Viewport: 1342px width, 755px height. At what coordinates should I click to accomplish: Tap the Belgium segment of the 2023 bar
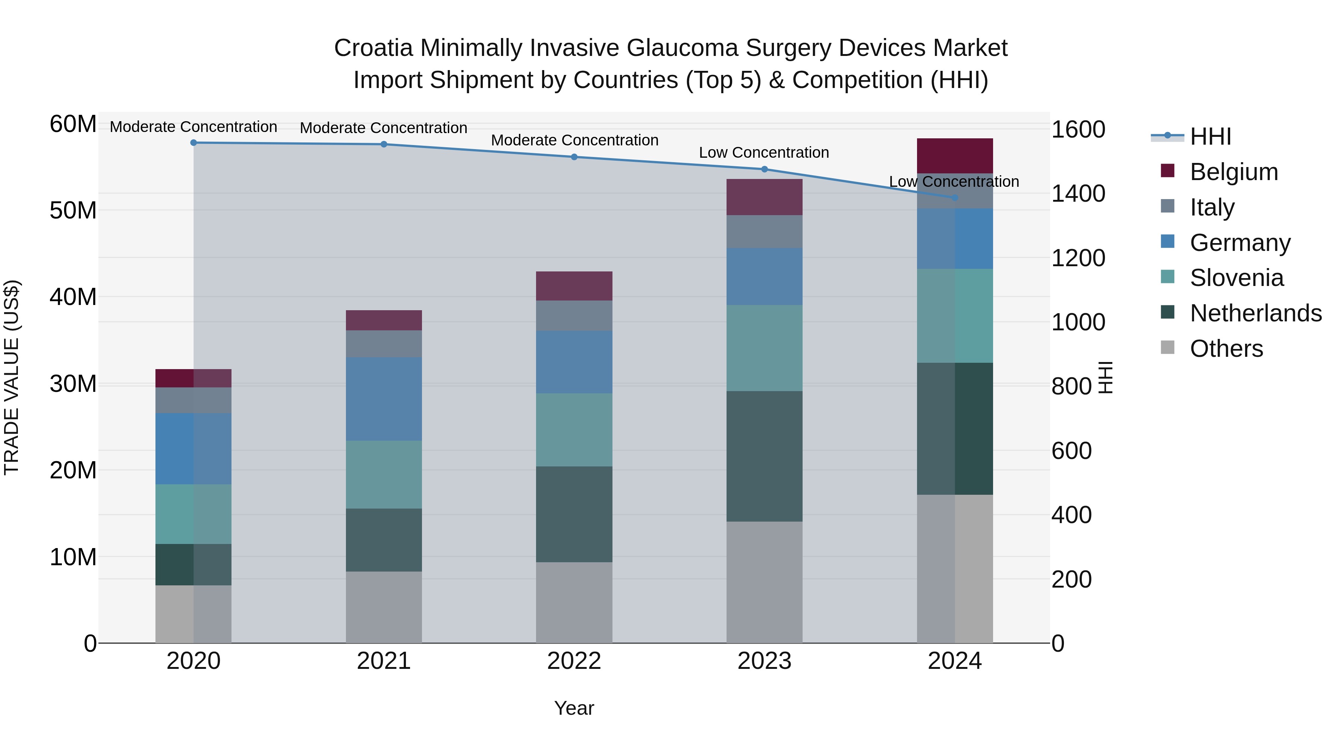pos(764,197)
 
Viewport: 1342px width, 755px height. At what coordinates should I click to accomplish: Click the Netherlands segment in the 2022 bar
pos(574,514)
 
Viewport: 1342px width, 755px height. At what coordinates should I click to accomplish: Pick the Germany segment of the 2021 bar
pos(384,399)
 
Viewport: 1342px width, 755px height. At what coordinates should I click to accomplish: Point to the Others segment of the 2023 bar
pos(764,582)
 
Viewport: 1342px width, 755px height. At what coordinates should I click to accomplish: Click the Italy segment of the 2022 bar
pos(574,316)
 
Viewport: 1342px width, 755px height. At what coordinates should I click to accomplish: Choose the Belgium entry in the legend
pos(1234,172)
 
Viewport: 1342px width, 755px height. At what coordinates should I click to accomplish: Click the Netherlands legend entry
pos(1256,313)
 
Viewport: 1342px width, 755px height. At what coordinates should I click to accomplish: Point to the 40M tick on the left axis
pos(73,297)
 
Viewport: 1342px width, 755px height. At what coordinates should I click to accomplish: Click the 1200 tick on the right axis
pos(1078,258)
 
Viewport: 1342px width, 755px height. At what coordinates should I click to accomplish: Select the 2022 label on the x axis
pos(574,661)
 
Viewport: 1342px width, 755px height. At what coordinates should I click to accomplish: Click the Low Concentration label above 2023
pos(764,152)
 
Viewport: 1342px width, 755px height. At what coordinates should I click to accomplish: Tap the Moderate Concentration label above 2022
pos(574,140)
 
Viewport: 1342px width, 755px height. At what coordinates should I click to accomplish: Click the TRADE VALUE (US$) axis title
pos(12,377)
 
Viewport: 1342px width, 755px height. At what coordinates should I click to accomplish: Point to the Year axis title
pos(574,708)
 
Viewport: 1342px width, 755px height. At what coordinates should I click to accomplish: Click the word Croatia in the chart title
pos(373,48)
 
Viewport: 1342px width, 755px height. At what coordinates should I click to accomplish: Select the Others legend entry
pos(1226,349)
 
